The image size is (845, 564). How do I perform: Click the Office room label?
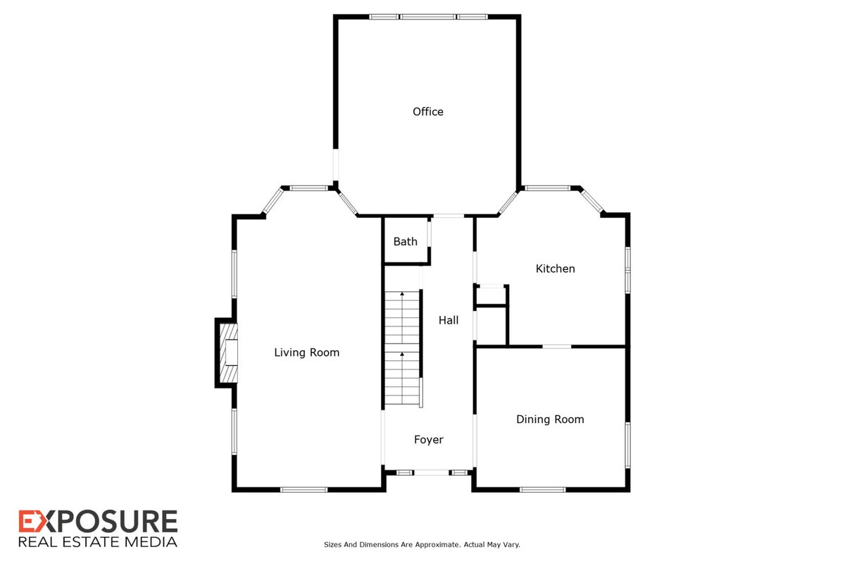point(428,111)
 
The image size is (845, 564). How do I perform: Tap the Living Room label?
point(306,352)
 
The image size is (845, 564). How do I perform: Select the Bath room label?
point(405,241)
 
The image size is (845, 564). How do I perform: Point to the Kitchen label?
point(556,269)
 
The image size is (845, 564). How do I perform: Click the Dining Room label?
point(550,419)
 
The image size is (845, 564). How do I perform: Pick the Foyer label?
point(429,440)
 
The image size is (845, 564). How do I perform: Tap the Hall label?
point(448,320)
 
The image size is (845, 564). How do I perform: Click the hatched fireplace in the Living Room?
point(229,352)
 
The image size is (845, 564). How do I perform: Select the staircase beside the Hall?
point(402,348)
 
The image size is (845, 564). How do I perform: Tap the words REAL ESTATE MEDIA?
point(98,541)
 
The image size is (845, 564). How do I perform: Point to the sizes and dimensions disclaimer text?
point(422,545)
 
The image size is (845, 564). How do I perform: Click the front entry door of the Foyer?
point(432,472)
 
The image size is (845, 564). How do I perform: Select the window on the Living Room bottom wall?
point(303,489)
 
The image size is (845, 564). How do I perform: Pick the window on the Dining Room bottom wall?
point(542,489)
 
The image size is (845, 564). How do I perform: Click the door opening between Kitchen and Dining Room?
point(557,346)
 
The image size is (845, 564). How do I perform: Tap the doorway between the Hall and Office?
point(448,216)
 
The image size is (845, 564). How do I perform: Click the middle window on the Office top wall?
point(428,17)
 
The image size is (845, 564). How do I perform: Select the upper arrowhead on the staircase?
point(402,293)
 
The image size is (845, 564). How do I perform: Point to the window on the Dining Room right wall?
point(627,446)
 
